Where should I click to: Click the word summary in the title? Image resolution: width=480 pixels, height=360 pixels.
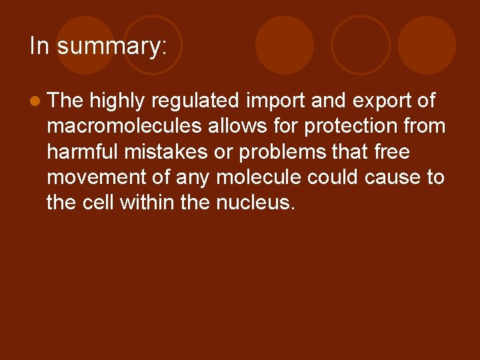click(x=111, y=47)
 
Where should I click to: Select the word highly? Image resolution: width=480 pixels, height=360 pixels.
click(x=117, y=101)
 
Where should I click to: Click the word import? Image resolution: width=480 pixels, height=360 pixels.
click(x=274, y=101)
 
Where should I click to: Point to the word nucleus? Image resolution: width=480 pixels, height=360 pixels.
click(x=255, y=203)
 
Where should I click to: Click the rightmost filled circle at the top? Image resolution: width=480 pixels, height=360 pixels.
click(x=427, y=45)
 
